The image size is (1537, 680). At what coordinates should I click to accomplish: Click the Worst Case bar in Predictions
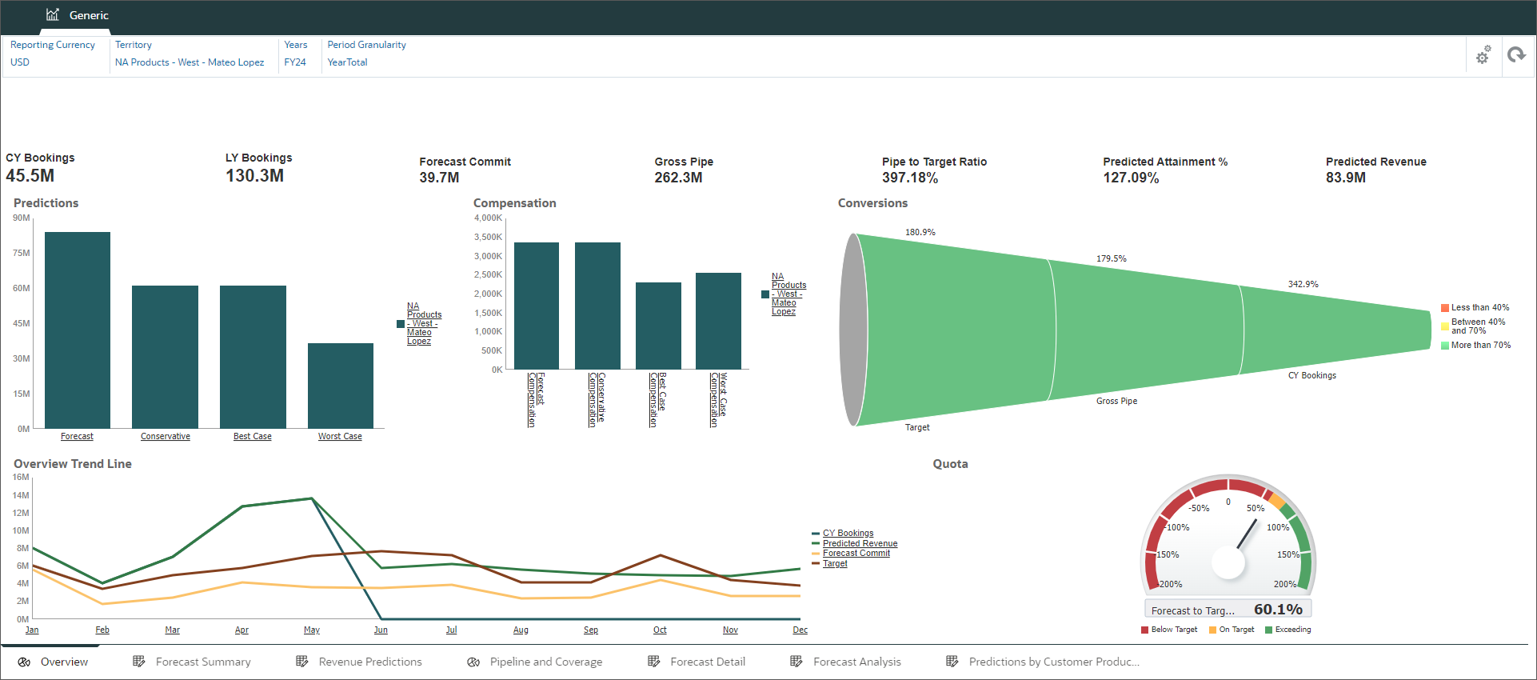coord(340,386)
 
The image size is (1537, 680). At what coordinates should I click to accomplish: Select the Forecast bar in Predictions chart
coord(77,330)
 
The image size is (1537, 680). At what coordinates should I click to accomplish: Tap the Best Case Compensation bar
coord(658,326)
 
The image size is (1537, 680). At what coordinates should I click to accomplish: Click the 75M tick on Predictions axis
coord(22,253)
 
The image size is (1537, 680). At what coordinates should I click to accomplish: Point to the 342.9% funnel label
coord(1303,284)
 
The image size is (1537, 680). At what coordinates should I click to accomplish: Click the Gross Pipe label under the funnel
coord(1116,401)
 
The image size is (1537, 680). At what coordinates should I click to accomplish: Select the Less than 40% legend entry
coord(1479,307)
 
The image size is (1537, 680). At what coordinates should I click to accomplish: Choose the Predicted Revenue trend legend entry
coord(860,543)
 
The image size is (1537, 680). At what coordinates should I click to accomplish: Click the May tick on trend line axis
coord(312,630)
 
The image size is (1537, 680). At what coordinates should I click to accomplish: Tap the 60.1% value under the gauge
coord(1278,610)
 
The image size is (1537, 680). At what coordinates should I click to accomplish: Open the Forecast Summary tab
coord(203,662)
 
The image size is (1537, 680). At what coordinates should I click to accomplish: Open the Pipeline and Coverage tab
coord(545,662)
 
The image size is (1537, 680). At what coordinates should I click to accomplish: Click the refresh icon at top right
coord(1516,55)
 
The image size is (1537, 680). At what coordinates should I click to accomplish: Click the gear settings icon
coord(1483,55)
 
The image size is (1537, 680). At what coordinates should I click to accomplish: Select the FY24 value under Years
coord(295,62)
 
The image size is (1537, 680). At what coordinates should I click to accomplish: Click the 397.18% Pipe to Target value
coord(910,178)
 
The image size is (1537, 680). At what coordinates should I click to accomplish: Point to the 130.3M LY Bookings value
coord(254,175)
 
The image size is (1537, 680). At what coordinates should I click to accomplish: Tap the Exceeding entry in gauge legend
coord(1292,630)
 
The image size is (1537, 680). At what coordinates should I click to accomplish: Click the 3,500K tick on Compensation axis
coord(488,237)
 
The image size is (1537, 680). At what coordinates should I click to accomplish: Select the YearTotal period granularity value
coord(347,62)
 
